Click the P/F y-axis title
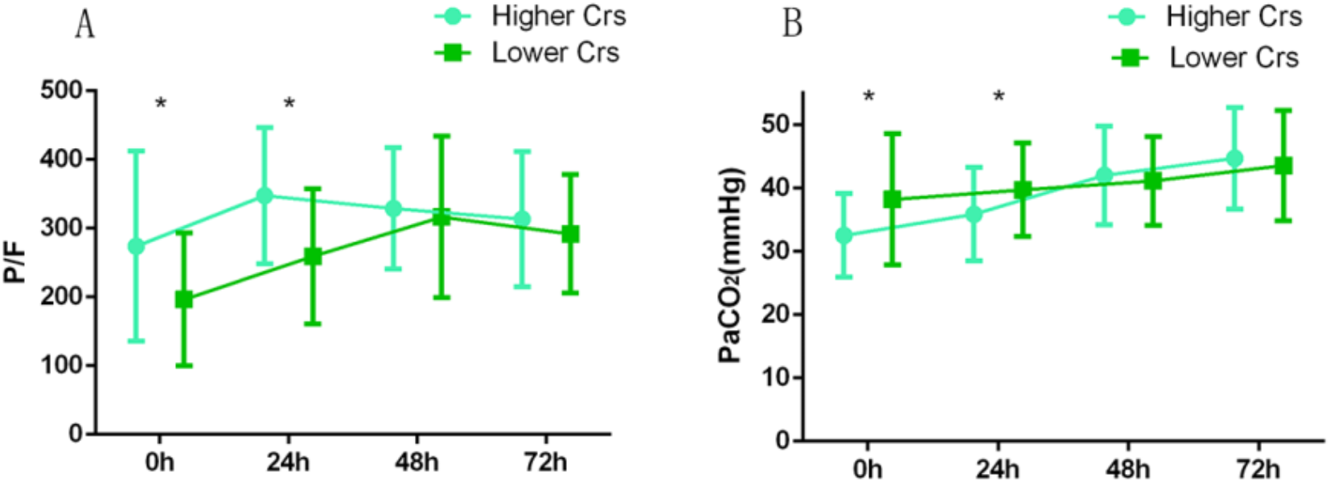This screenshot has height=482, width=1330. pyautogui.click(x=15, y=262)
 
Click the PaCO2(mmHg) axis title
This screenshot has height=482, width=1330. pyautogui.click(x=730, y=266)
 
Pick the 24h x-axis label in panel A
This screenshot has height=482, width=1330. pyautogui.click(x=288, y=462)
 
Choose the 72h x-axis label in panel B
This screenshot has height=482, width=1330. pyautogui.click(x=1258, y=468)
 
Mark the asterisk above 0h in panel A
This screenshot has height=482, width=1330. pyautogui.click(x=161, y=105)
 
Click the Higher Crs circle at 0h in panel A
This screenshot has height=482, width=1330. pyautogui.click(x=137, y=246)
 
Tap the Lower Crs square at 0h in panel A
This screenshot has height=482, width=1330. pyautogui.click(x=184, y=299)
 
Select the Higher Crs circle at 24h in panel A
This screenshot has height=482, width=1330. pyautogui.click(x=265, y=196)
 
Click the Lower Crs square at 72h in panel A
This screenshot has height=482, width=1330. pyautogui.click(x=570, y=234)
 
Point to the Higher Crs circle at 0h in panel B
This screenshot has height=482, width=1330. pyautogui.click(x=844, y=236)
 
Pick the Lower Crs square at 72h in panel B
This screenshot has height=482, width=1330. pyautogui.click(x=1283, y=166)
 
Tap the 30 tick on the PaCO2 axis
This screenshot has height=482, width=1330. pyautogui.click(x=777, y=251)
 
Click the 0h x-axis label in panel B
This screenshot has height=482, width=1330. pyautogui.click(x=867, y=468)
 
